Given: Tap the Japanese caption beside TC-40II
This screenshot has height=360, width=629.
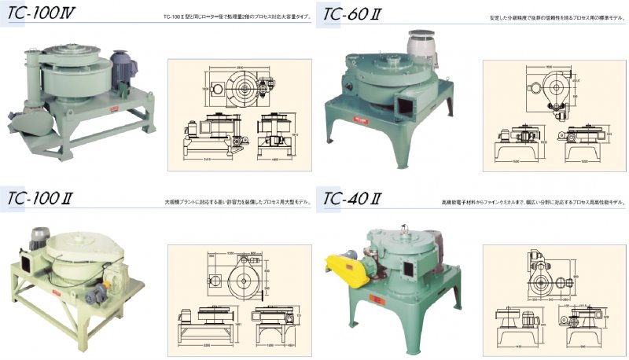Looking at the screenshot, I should (534, 203).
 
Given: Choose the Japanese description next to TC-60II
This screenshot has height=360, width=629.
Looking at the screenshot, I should (550, 15).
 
